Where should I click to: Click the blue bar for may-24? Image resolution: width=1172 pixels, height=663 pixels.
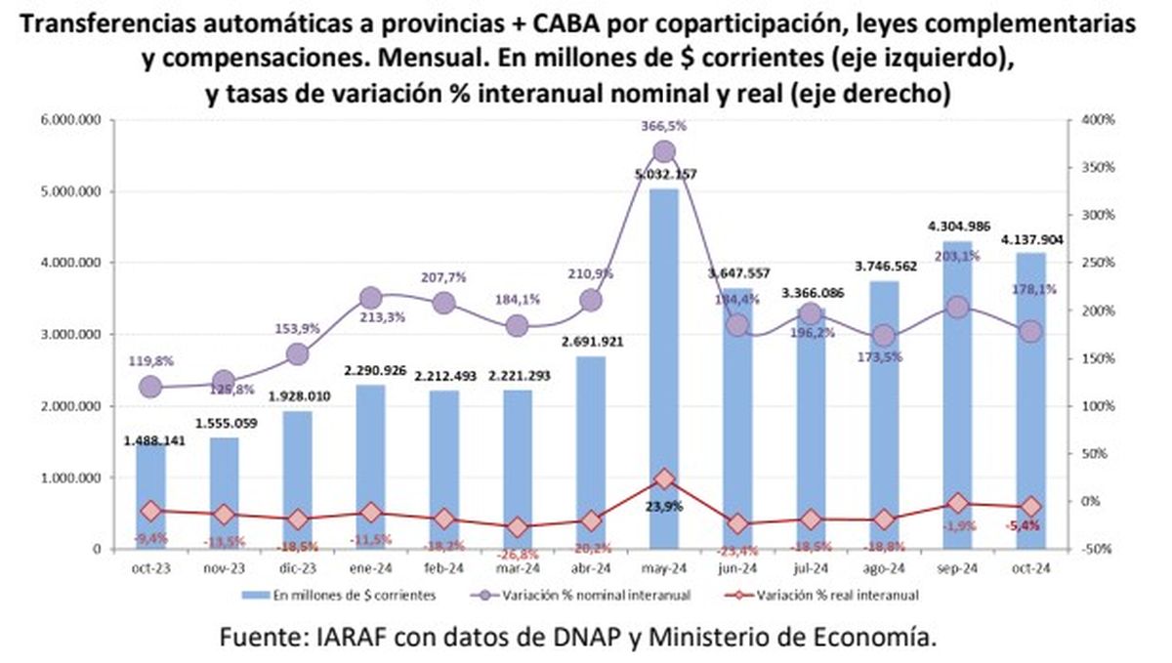pos(664,371)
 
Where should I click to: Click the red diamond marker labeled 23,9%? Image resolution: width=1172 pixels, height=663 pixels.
pos(664,478)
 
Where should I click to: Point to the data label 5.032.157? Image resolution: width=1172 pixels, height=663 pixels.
pos(664,175)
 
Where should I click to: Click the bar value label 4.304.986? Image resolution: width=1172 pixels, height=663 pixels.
pos(957,227)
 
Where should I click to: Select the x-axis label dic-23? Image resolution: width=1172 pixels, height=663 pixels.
pos(297,567)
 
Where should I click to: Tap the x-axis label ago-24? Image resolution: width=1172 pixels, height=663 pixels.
pos(884,567)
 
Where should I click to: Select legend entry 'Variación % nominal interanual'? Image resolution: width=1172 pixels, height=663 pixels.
pos(605,593)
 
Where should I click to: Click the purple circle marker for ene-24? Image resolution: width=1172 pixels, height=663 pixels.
pos(370,298)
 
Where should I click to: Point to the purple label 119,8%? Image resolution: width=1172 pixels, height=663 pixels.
pos(150,360)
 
